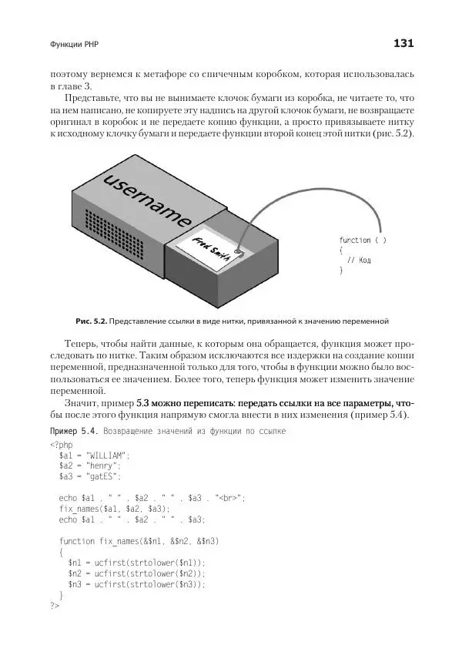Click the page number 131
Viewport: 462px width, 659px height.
[x=403, y=44]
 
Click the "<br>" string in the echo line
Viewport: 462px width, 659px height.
[x=230, y=498]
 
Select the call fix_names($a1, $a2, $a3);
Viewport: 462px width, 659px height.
[x=114, y=509]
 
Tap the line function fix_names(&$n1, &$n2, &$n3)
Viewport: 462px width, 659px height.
[x=139, y=542]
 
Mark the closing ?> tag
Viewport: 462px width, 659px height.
[x=54, y=607]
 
